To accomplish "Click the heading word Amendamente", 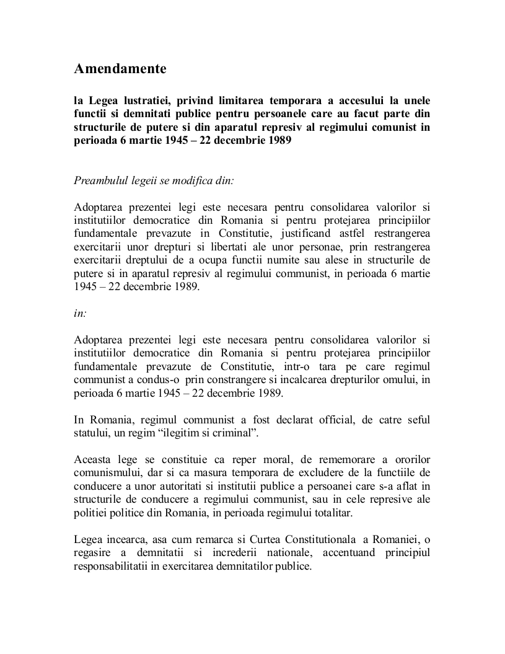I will point(120,69).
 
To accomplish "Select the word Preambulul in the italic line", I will point(100,180).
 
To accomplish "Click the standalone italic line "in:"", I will point(81,313).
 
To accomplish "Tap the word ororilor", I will point(408,459).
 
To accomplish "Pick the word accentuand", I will point(327,553).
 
